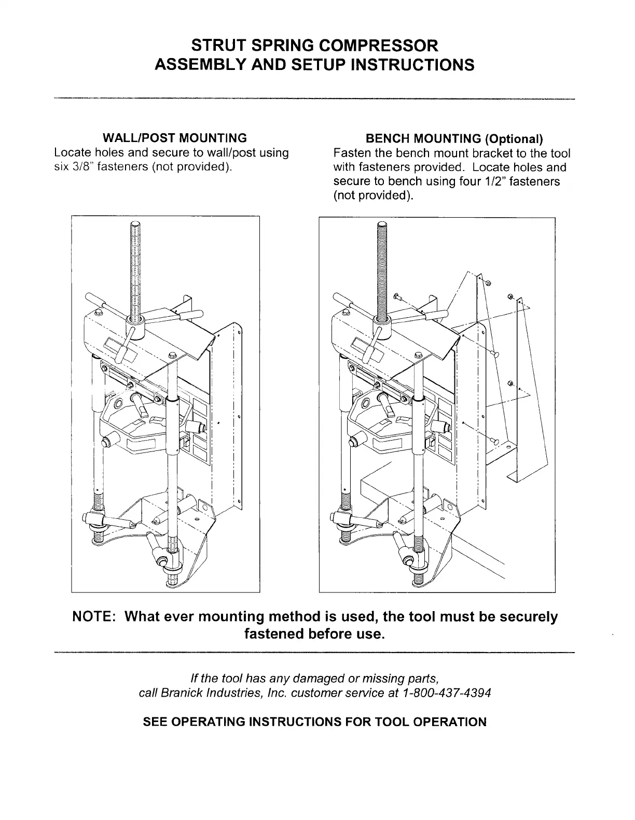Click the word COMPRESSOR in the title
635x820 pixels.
click(x=377, y=46)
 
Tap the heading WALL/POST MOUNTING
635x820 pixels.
click(x=175, y=138)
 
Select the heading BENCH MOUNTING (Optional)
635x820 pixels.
click(x=454, y=139)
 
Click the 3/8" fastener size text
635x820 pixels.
click(x=82, y=167)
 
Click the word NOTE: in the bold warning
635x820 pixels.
click(x=96, y=617)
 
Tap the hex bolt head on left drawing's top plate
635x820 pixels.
click(x=172, y=355)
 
